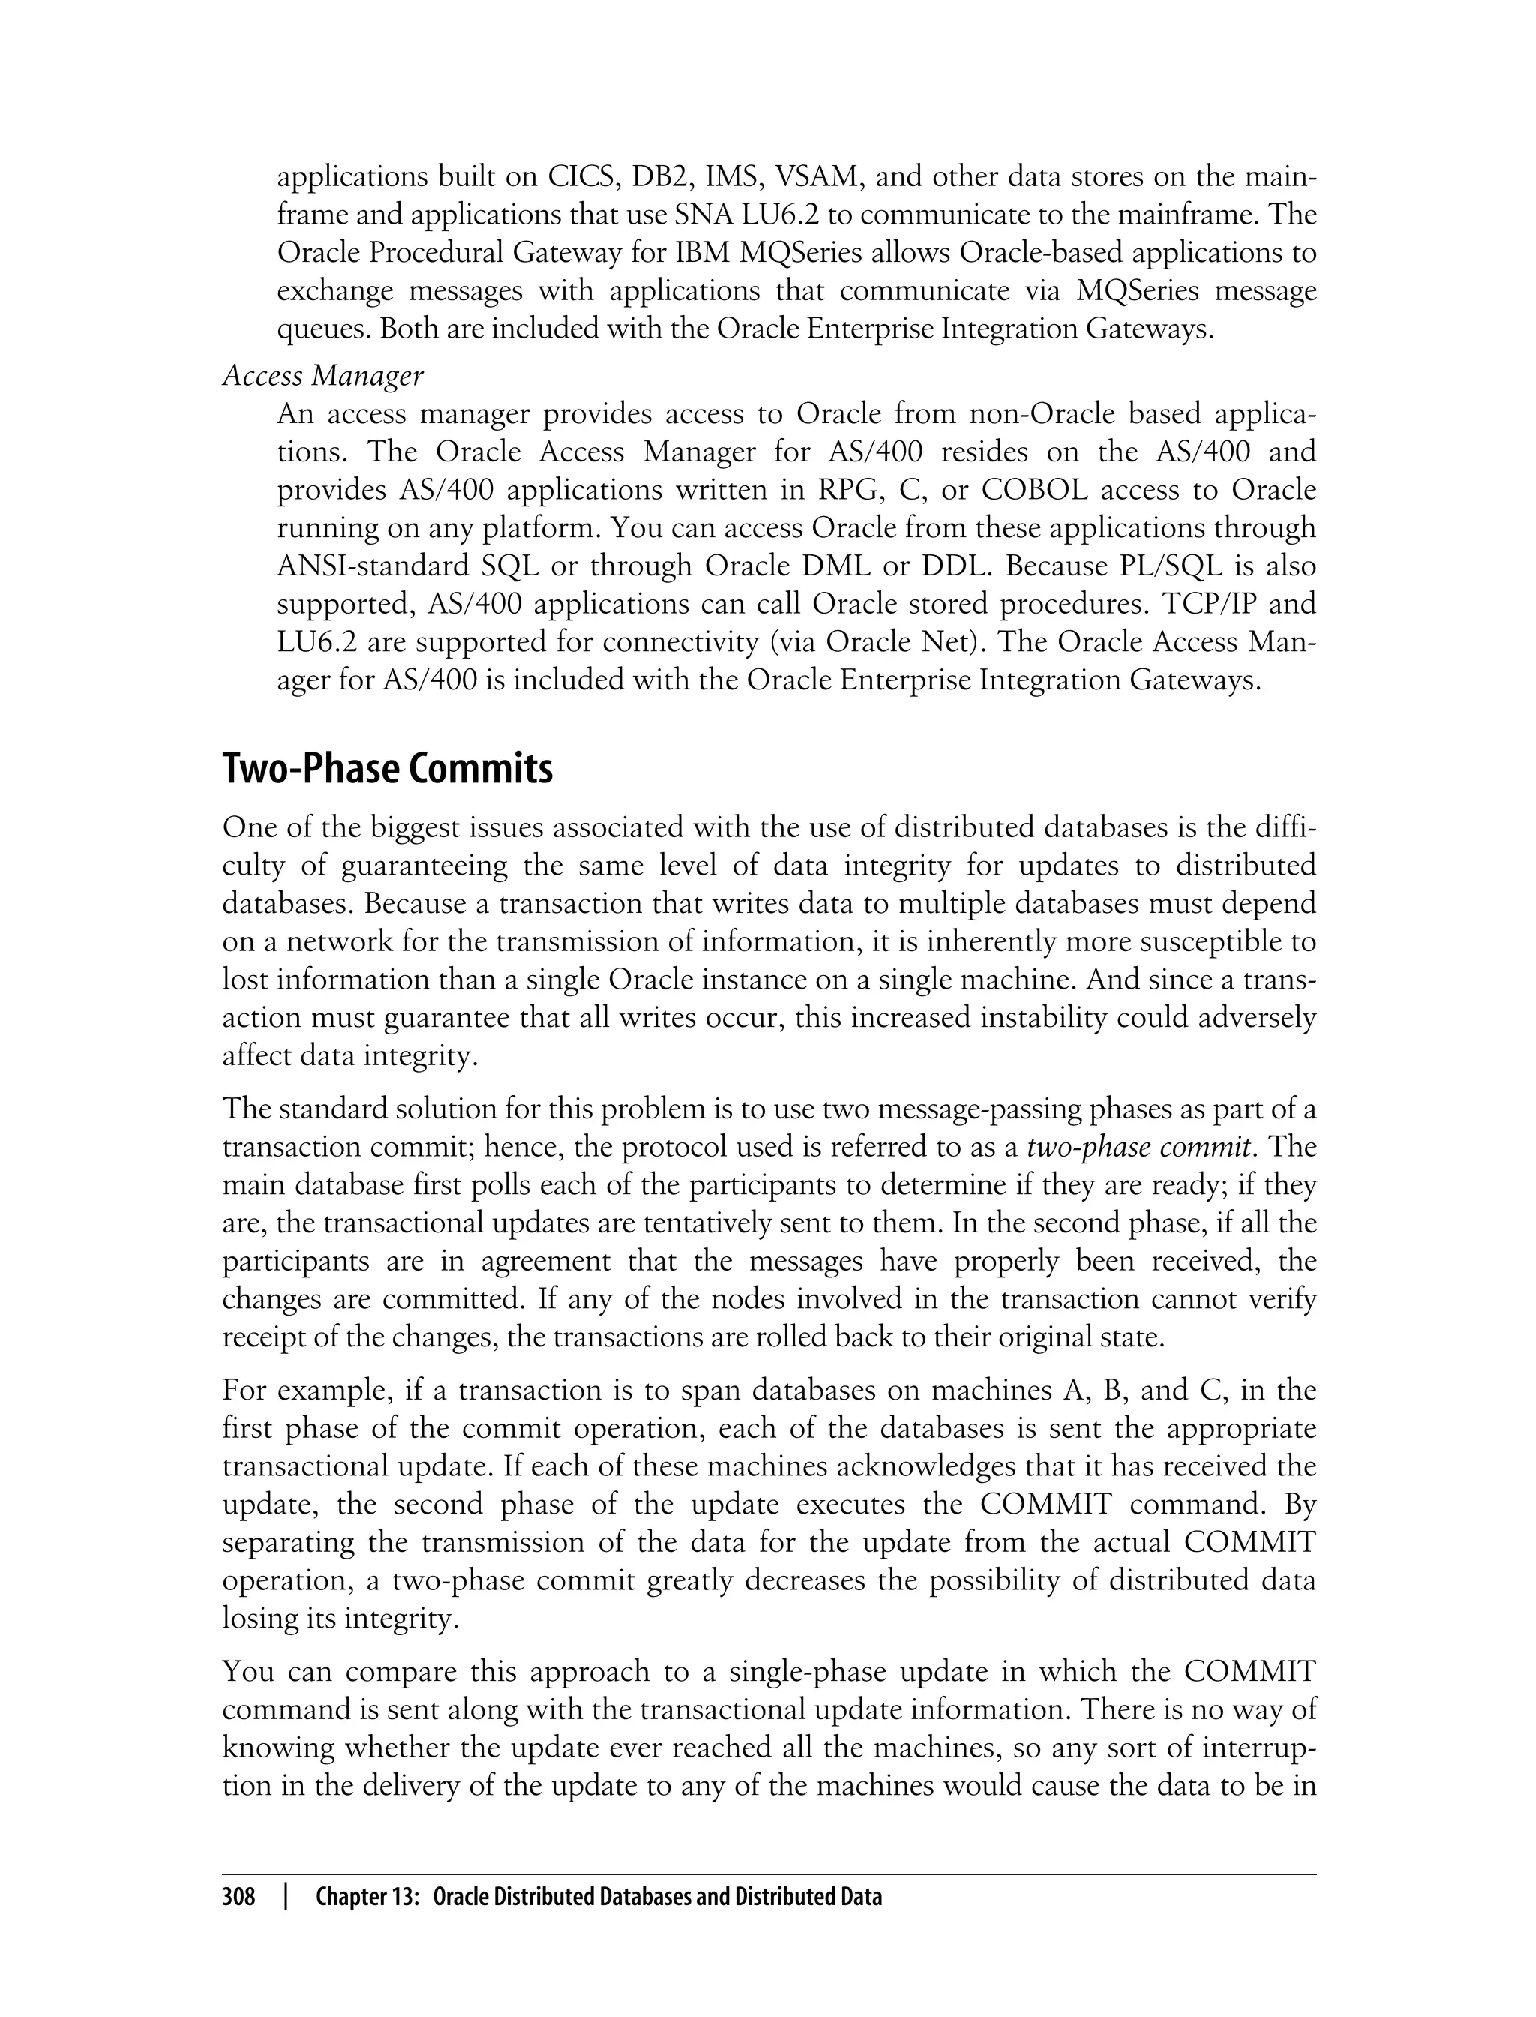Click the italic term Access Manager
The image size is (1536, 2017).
322,375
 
